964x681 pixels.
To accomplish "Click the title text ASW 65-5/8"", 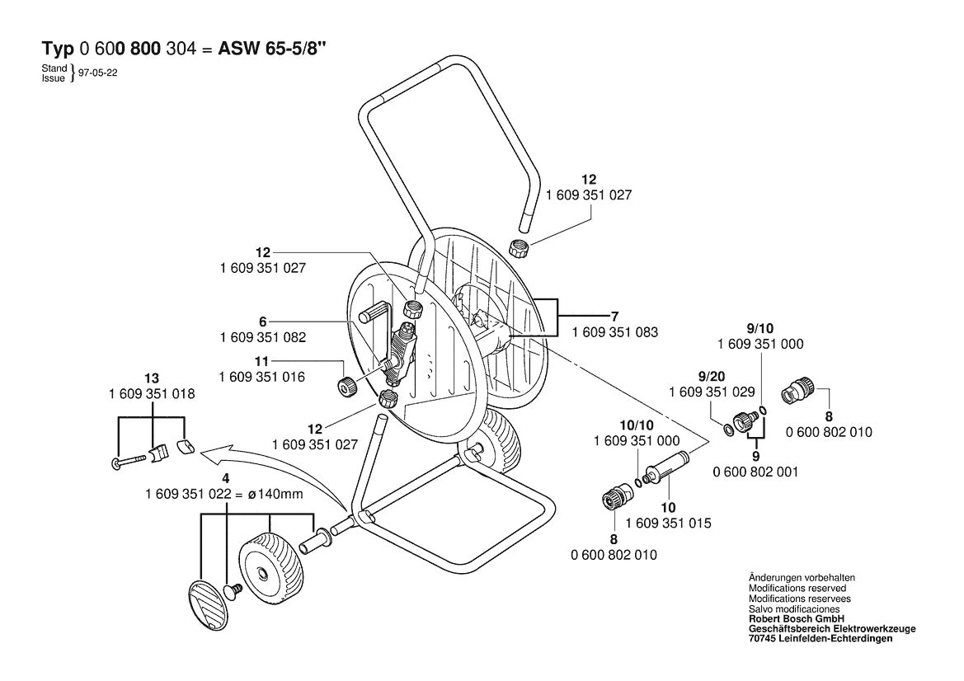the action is click(x=272, y=49).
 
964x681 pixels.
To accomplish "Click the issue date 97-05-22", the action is click(x=98, y=73).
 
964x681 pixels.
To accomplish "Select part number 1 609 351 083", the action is click(x=615, y=332).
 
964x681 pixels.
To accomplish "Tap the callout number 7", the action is click(x=614, y=317).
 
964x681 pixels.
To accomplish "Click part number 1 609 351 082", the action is click(x=262, y=337).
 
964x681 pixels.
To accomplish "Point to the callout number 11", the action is click(x=262, y=361).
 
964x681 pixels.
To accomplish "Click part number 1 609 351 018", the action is click(x=152, y=393).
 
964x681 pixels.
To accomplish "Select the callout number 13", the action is click(x=152, y=378).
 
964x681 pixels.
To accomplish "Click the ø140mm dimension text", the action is click(x=275, y=494).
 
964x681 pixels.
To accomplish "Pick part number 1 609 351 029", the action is click(x=712, y=392).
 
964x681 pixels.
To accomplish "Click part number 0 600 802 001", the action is click(x=755, y=472).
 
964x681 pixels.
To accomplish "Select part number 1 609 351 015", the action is click(x=668, y=523).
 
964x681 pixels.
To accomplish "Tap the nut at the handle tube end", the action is click(x=520, y=248).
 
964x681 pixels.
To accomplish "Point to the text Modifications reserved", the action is click(x=797, y=588).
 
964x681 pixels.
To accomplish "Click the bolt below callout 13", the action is click(x=129, y=460).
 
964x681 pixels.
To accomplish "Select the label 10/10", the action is click(x=637, y=425).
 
